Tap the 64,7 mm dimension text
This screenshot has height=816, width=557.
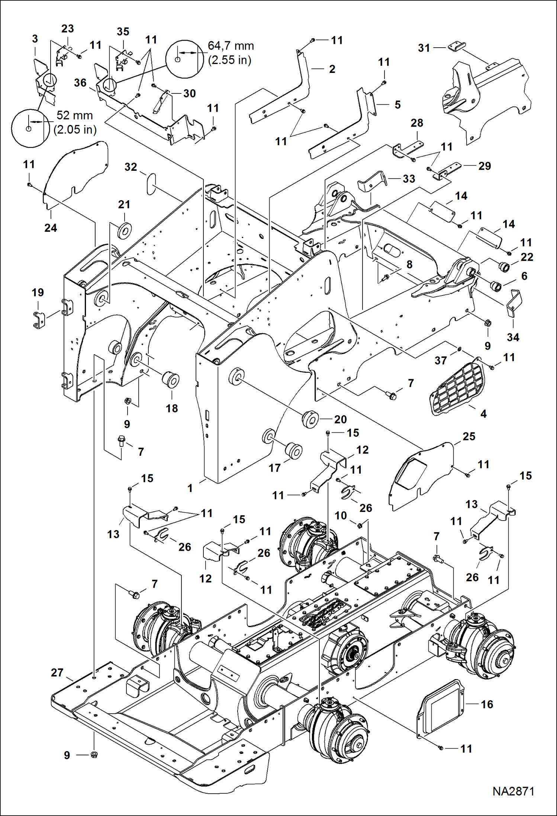(x=231, y=46)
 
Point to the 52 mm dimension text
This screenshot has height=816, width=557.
(x=74, y=116)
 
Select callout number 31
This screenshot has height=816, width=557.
(x=424, y=48)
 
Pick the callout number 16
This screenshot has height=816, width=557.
(x=487, y=704)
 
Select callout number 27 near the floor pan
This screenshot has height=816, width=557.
(x=57, y=673)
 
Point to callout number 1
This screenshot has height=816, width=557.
(x=190, y=488)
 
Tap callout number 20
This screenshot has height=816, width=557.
(x=340, y=419)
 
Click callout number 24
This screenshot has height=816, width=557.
(x=51, y=228)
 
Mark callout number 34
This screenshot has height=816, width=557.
(x=513, y=337)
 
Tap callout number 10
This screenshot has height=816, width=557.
(x=341, y=515)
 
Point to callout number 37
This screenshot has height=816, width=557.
(x=441, y=360)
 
